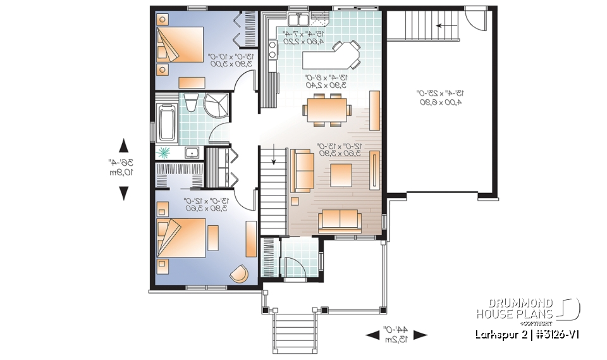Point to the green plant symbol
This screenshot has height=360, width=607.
point(164,152)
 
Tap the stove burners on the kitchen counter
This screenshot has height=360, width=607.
point(273,50)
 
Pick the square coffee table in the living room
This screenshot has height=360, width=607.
point(342,175)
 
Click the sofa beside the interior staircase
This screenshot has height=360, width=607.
point(303,171)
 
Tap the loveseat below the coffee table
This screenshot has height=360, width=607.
point(340,220)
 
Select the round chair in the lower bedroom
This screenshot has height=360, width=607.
point(238,273)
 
